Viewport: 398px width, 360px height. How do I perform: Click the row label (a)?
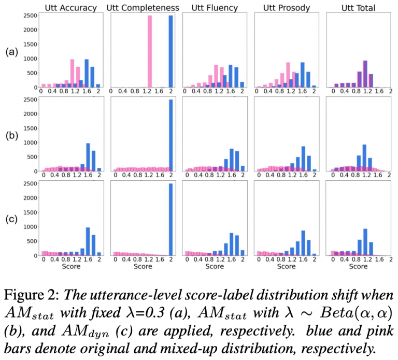coord(10,51)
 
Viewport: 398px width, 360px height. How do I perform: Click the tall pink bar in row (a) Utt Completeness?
coord(149,52)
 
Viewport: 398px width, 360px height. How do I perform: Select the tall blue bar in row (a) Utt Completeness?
coord(171,52)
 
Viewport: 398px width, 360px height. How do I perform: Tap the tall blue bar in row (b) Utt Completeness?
coord(171,135)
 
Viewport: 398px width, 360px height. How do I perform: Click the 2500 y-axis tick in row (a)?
coord(29,16)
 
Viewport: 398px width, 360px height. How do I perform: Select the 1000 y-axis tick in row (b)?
coord(29,142)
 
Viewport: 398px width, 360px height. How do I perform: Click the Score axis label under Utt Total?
coord(358,267)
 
